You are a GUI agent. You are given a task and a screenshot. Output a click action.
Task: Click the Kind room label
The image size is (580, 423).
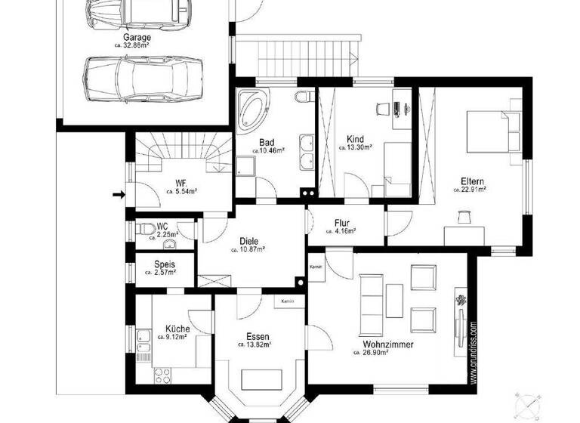[355, 139]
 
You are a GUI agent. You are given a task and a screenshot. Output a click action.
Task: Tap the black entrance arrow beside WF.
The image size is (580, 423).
[118, 195]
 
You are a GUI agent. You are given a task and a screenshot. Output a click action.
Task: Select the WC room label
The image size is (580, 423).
[162, 226]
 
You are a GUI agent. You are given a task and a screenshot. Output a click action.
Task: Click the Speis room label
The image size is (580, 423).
[165, 264]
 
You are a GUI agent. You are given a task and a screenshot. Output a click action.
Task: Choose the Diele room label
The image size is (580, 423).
[249, 242]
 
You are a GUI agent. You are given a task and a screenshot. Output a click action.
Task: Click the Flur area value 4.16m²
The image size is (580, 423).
[344, 232]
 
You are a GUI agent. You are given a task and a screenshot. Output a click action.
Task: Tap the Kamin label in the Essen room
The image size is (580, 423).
[286, 301]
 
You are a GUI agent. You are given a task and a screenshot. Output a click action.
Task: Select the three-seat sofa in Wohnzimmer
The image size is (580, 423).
[372, 296]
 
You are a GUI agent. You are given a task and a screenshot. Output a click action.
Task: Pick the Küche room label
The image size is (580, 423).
[177, 329]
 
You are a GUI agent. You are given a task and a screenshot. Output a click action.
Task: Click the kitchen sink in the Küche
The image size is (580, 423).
[143, 341]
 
